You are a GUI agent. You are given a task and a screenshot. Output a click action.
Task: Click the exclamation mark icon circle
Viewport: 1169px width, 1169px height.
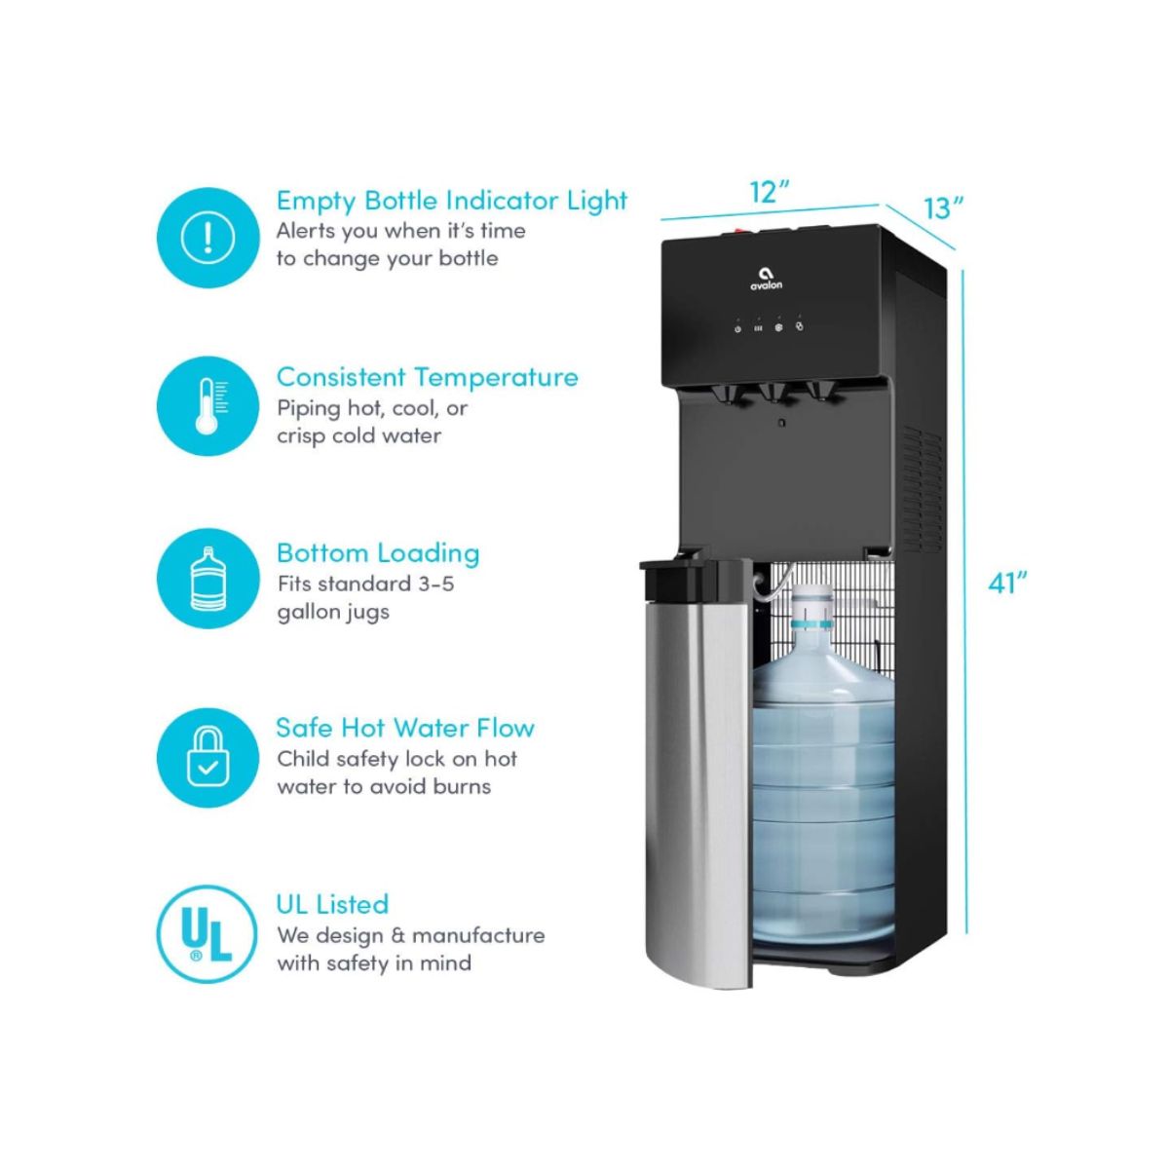(x=207, y=238)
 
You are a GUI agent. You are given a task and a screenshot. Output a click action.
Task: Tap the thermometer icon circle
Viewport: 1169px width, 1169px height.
(x=207, y=405)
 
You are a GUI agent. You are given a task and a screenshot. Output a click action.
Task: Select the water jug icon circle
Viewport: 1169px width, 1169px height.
(x=207, y=579)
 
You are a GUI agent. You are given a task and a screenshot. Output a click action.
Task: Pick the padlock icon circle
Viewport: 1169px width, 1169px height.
(x=207, y=757)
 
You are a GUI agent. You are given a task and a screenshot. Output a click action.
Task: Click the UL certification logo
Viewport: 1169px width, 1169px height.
(x=207, y=933)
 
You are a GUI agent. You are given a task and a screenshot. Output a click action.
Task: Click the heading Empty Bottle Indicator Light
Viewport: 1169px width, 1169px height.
(x=452, y=201)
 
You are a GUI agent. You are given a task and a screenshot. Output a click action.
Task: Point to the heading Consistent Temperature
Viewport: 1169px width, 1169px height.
(x=427, y=377)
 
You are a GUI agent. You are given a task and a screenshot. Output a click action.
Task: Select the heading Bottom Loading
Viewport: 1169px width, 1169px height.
(x=378, y=553)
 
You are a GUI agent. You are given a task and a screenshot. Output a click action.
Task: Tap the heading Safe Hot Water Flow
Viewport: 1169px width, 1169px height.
(x=405, y=728)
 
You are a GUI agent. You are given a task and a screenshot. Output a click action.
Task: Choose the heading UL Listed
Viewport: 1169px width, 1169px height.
(x=332, y=904)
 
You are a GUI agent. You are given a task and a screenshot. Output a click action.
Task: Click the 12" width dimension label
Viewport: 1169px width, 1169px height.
(x=769, y=192)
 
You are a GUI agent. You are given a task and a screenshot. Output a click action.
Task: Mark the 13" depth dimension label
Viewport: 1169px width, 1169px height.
(x=943, y=207)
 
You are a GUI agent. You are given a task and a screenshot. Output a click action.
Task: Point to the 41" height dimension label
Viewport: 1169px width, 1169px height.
(x=1007, y=583)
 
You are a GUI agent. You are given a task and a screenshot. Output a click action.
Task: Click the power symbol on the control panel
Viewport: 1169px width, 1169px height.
(x=738, y=329)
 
